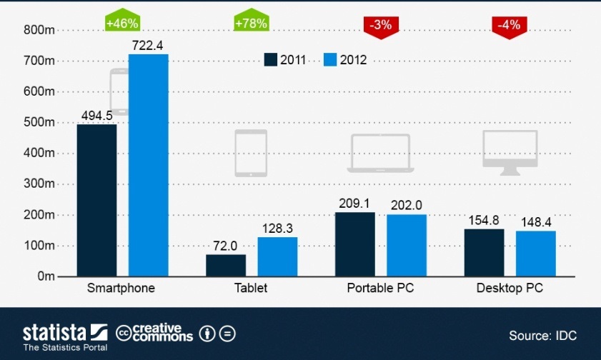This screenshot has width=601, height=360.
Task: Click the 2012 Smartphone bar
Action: coord(148,165)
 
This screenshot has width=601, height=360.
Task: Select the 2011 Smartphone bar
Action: coord(96,200)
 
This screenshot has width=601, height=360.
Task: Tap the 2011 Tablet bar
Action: coord(226,265)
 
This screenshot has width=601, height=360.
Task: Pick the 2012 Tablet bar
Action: coord(277,256)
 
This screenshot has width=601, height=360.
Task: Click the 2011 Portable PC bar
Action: coord(354,244)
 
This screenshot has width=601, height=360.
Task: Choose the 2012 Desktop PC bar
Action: coord(535,254)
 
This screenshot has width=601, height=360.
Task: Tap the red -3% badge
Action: coord(381,25)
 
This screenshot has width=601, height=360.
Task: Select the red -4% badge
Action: coord(510,25)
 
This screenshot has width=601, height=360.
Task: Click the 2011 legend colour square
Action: coord(270,60)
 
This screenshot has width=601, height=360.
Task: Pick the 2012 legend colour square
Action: coord(329,60)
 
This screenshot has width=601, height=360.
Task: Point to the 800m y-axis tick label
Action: coord(39,30)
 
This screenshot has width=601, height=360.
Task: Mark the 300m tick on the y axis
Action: coord(39,184)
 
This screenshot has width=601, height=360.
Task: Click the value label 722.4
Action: coord(148,45)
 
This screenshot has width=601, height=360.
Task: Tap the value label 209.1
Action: coord(354,204)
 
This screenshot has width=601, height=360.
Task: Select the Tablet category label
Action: coord(251,289)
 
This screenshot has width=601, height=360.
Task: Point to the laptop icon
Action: coord(380,152)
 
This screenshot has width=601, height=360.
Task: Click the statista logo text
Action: coord(54,332)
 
